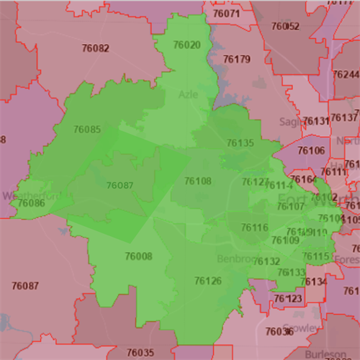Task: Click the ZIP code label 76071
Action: tap(227, 14)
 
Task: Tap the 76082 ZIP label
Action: tap(96, 48)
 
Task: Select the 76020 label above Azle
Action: tap(187, 45)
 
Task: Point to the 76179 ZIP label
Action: tap(237, 59)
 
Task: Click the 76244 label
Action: tap(345, 75)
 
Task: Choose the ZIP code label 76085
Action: tap(87, 130)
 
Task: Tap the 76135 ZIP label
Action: tap(241, 143)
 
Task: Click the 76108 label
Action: tap(198, 181)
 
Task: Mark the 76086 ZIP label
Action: tap(32, 204)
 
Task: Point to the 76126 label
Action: tap(208, 280)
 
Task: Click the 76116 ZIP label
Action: tap(255, 228)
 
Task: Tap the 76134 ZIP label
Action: tap(314, 282)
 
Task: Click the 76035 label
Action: tap(140, 352)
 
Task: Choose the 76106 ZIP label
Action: tap(311, 150)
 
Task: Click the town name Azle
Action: tap(187, 94)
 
